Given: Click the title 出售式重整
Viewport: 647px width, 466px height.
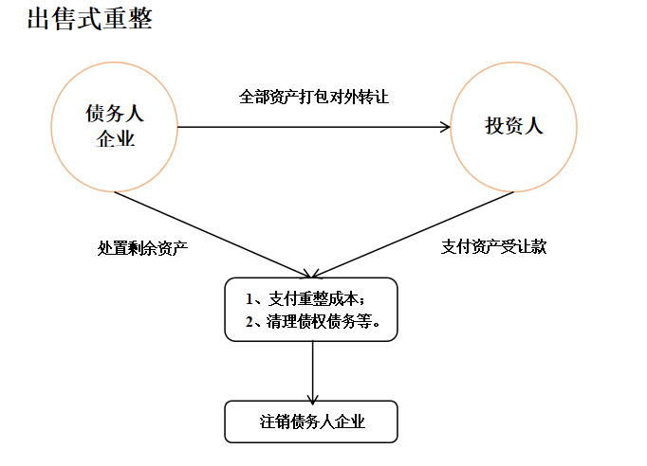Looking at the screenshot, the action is tap(89, 19).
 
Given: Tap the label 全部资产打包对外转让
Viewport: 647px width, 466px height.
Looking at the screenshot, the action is tap(314, 97).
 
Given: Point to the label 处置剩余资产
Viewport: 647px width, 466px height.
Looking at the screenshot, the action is tap(142, 247).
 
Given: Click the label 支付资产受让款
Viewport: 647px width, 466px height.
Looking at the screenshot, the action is tap(493, 246).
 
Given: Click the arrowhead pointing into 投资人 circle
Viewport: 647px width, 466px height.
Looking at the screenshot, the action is tap(446, 127).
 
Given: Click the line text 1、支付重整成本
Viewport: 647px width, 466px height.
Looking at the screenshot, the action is tap(305, 298).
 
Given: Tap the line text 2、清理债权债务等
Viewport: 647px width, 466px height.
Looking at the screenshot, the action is tap(312, 321).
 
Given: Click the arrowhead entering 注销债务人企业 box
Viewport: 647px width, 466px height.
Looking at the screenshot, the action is tap(313, 399).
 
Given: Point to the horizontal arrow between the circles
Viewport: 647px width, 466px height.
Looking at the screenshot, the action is tap(314, 127).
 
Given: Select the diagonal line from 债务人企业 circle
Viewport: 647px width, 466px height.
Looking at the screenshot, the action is tap(213, 235).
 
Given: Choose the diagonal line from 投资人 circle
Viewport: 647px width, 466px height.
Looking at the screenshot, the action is tap(413, 235).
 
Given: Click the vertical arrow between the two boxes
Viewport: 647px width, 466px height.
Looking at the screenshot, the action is tap(313, 372).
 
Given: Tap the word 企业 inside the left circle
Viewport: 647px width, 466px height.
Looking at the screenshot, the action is tap(116, 138).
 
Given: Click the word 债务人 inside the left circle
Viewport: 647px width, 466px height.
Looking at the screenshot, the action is tap(115, 113).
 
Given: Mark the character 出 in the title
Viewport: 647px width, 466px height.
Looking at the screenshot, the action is tap(39, 19).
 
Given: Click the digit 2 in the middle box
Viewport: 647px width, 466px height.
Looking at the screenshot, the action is tap(250, 322).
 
